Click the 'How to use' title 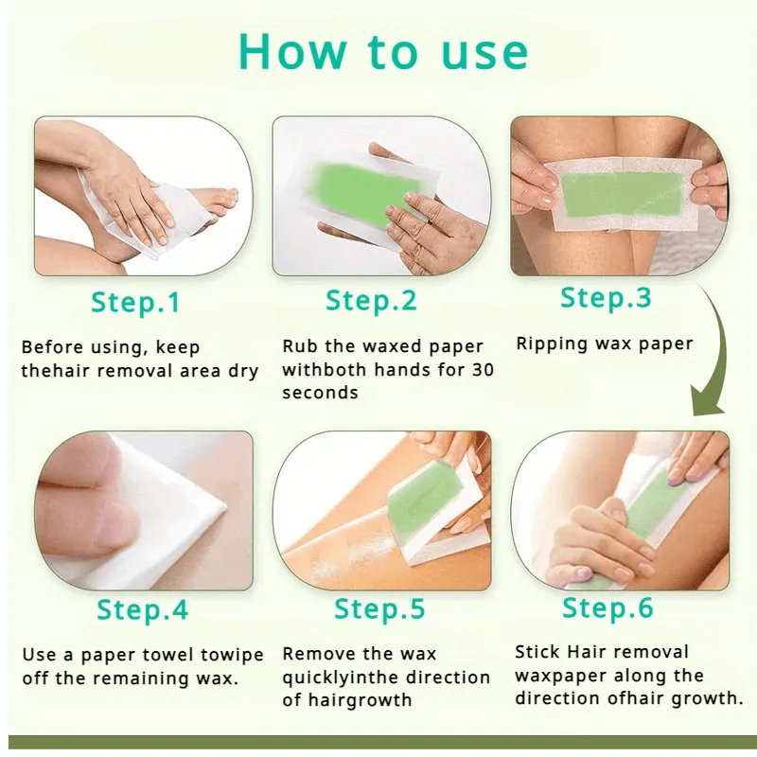pos(383,52)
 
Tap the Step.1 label pos(135,303)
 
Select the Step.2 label pos(371,300)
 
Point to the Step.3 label pos(606,297)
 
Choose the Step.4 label pos(143,609)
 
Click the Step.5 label pos(379,608)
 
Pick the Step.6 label pos(607,607)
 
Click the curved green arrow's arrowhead pos(707,400)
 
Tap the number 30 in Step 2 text pos(483,370)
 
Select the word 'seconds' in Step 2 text pos(320,393)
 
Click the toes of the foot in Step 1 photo pos(221,202)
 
